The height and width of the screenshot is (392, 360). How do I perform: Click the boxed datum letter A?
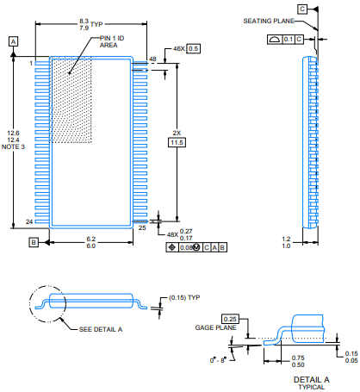click(13, 41)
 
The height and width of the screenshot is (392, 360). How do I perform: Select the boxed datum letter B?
click(34, 242)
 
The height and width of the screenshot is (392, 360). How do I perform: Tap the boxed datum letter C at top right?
click(302, 9)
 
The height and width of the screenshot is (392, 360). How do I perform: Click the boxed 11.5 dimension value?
click(177, 142)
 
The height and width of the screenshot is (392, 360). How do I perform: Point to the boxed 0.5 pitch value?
click(194, 48)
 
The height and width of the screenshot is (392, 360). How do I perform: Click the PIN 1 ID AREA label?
click(112, 41)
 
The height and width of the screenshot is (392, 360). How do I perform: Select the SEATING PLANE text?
click(269, 21)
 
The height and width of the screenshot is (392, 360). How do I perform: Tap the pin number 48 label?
click(152, 59)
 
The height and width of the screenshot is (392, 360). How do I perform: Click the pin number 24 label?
click(29, 221)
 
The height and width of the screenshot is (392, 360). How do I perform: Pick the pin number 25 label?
click(142, 227)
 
